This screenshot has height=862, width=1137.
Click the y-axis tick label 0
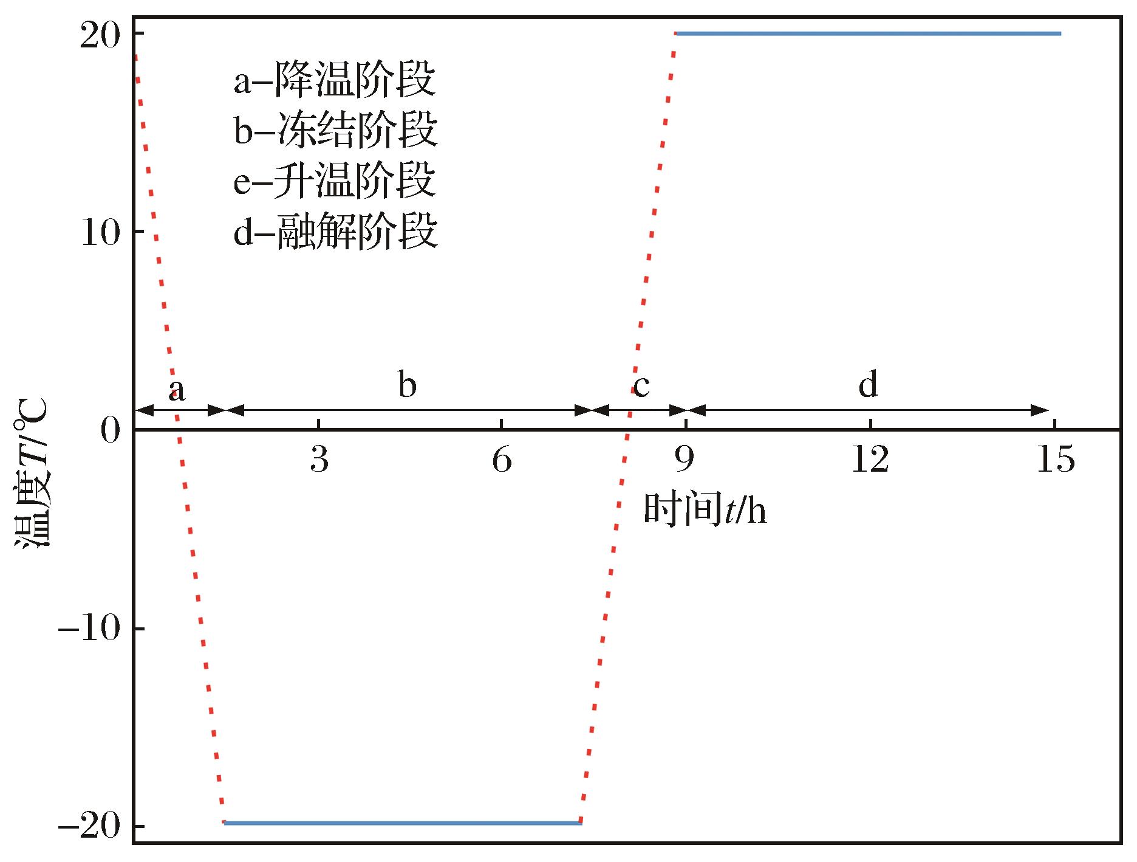coord(112,432)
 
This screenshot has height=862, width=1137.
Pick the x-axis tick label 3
coord(319,460)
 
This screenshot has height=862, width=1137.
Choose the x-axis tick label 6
coord(502,460)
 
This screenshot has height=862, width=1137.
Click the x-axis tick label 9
coord(685,460)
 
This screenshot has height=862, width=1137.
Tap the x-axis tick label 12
coord(870,460)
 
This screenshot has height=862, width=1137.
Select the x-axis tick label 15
coord(1054,460)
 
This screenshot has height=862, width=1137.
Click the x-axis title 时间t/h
coord(705,510)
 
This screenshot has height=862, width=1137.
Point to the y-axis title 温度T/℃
coord(34,476)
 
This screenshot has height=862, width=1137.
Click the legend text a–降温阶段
coord(335,81)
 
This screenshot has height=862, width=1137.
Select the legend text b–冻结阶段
coord(336,131)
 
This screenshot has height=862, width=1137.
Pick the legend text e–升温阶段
coord(335,181)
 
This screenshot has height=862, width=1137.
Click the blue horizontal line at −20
coord(403,823)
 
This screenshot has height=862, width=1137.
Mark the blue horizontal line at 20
coord(868,33)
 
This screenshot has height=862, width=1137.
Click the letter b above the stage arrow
coord(408,385)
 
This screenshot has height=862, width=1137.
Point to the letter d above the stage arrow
coord(868,385)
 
